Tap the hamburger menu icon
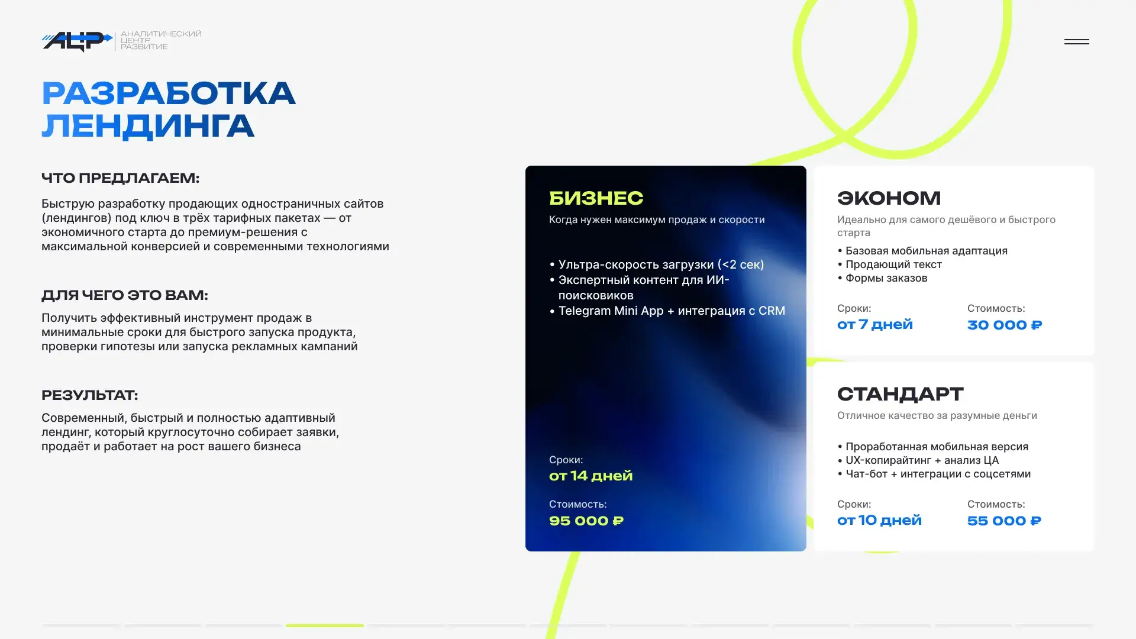[x=1076, y=41]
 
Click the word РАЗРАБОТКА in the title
[x=169, y=93]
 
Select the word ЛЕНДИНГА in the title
[x=148, y=127]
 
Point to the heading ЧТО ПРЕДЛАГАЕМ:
[x=121, y=178]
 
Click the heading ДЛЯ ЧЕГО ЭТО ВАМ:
[x=125, y=295]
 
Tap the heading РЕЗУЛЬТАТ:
[x=89, y=395]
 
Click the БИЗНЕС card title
[x=596, y=198]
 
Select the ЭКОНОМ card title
[x=889, y=198]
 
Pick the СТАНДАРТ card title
[x=901, y=394]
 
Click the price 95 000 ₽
[x=586, y=521]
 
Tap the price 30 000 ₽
[x=1005, y=325]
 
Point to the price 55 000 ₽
[x=1004, y=521]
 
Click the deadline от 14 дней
[x=591, y=476]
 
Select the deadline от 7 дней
[x=875, y=324]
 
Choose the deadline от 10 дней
[x=879, y=520]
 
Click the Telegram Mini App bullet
[x=667, y=311]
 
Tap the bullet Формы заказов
[x=882, y=278]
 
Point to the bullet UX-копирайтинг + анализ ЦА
[x=918, y=460]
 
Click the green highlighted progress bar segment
[x=325, y=625]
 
